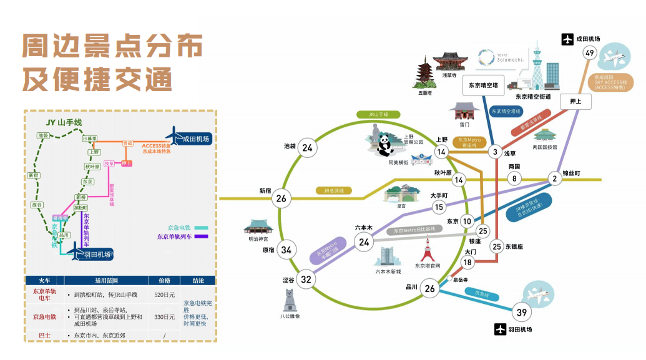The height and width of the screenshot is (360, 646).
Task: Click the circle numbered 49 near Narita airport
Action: (590, 53)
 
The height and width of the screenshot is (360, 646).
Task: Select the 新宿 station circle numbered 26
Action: (281, 198)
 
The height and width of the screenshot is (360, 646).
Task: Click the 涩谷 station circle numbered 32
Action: (306, 279)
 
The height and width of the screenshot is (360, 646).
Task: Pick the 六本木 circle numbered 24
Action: (365, 242)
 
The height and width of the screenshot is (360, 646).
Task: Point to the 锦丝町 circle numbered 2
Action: (554, 179)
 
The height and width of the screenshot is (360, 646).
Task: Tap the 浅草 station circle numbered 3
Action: (496, 152)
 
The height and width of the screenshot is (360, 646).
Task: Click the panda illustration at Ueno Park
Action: (385, 145)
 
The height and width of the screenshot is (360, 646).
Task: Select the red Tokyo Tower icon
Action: (428, 251)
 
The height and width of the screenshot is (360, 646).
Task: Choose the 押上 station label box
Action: (575, 100)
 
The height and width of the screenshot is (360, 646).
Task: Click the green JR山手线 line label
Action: (377, 115)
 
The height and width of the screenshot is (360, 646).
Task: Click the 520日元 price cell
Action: (164, 294)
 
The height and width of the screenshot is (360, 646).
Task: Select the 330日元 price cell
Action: (164, 317)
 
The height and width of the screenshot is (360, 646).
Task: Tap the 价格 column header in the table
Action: (164, 280)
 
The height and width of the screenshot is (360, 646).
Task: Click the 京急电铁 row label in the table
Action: (44, 317)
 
